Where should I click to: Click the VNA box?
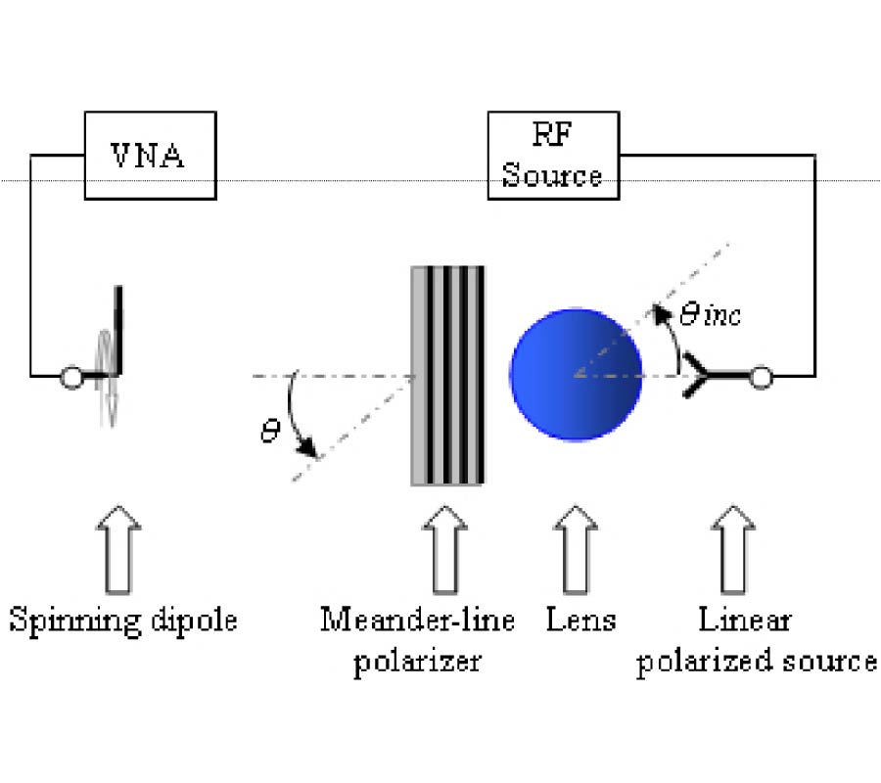148,155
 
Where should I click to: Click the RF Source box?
553,155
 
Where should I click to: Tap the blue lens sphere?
576,374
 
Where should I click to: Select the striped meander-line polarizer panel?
447,374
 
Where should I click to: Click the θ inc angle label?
710,315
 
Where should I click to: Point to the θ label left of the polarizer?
270,431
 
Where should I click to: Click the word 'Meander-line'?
417,621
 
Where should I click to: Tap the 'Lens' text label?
581,620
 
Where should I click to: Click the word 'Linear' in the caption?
744,620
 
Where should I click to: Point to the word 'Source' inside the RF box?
552,176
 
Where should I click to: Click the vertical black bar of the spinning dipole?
120,328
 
